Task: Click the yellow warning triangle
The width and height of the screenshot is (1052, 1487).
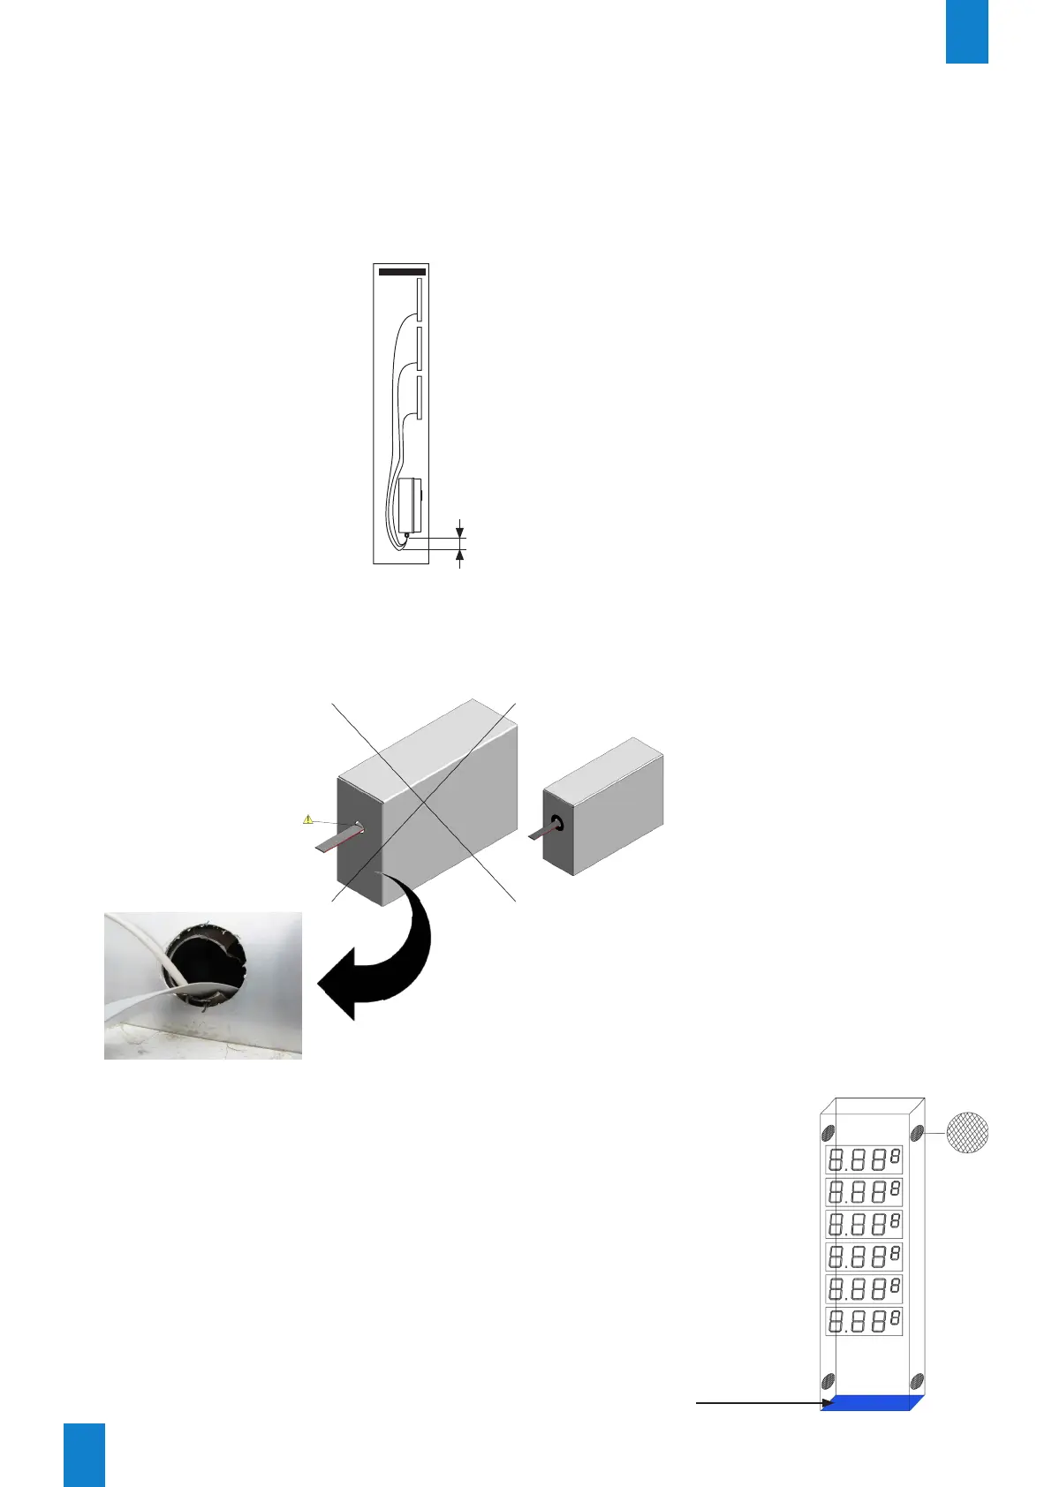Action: (307, 819)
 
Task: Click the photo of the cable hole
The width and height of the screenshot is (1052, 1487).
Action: (203, 985)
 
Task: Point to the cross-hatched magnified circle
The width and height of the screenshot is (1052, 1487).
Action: (967, 1134)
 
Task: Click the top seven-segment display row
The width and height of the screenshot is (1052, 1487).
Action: (864, 1159)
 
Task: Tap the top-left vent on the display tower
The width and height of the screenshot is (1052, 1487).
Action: (829, 1133)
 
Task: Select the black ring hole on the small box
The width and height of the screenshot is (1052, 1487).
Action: (558, 825)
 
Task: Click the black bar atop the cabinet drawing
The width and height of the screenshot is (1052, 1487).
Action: (402, 272)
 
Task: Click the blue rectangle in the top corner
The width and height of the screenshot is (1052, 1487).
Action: (966, 31)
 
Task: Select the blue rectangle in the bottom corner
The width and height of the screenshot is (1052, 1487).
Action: (84, 1454)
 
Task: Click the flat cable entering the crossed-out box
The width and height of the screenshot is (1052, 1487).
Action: (337, 839)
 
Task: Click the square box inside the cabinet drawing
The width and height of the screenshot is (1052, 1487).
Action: (409, 503)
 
